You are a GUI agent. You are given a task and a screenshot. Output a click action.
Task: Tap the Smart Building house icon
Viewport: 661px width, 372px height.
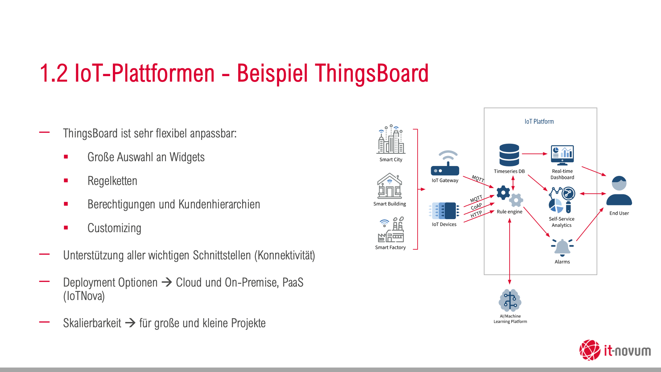point(389,186)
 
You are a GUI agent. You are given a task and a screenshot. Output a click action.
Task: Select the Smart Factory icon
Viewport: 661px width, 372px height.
point(391,230)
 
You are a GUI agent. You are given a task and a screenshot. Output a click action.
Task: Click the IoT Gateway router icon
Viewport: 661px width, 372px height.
point(445,163)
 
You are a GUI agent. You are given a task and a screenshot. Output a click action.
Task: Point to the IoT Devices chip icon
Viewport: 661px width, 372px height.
point(444,210)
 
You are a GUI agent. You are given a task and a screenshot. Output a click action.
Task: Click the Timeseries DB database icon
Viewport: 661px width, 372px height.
point(509,155)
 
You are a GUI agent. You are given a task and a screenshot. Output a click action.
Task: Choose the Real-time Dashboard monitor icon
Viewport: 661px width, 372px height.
point(562,155)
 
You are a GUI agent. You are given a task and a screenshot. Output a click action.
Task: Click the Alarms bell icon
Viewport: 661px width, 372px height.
point(562,247)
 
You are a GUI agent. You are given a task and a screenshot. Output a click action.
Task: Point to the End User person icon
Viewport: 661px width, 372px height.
point(619,192)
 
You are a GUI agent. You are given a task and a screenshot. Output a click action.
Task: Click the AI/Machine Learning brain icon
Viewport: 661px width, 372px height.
point(510,300)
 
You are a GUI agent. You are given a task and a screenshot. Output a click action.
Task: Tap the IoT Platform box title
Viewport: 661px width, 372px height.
point(539,122)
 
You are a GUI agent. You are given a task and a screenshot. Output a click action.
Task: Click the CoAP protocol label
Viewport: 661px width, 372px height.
point(476,206)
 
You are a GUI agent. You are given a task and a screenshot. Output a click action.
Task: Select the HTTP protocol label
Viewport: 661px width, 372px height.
point(476,214)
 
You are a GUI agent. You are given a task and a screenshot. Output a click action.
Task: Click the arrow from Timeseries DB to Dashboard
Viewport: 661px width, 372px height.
point(534,154)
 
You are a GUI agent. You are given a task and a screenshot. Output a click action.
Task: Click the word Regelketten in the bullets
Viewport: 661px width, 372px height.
point(112,181)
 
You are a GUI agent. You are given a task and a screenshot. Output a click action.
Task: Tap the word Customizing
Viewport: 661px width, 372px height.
point(114,228)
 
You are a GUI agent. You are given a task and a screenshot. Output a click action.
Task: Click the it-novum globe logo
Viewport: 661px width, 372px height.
point(590,350)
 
